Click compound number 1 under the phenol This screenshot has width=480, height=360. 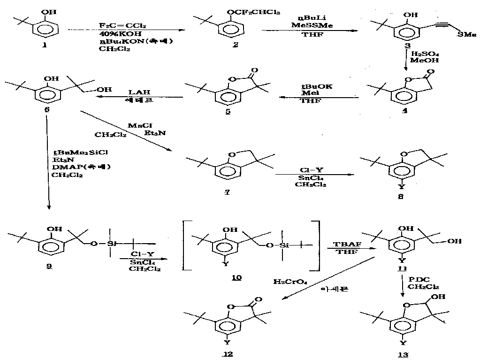tap(45, 45)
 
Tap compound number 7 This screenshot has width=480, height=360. tap(228, 193)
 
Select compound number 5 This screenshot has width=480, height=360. tap(228, 112)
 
